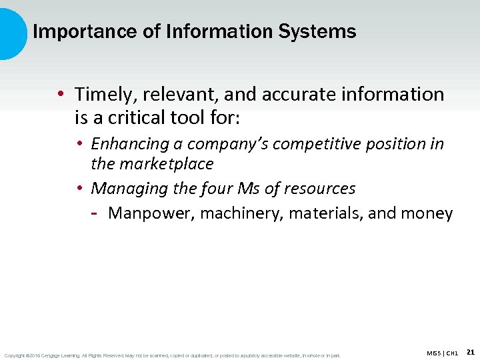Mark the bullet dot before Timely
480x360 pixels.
pos(60,95)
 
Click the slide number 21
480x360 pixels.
pos(471,352)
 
